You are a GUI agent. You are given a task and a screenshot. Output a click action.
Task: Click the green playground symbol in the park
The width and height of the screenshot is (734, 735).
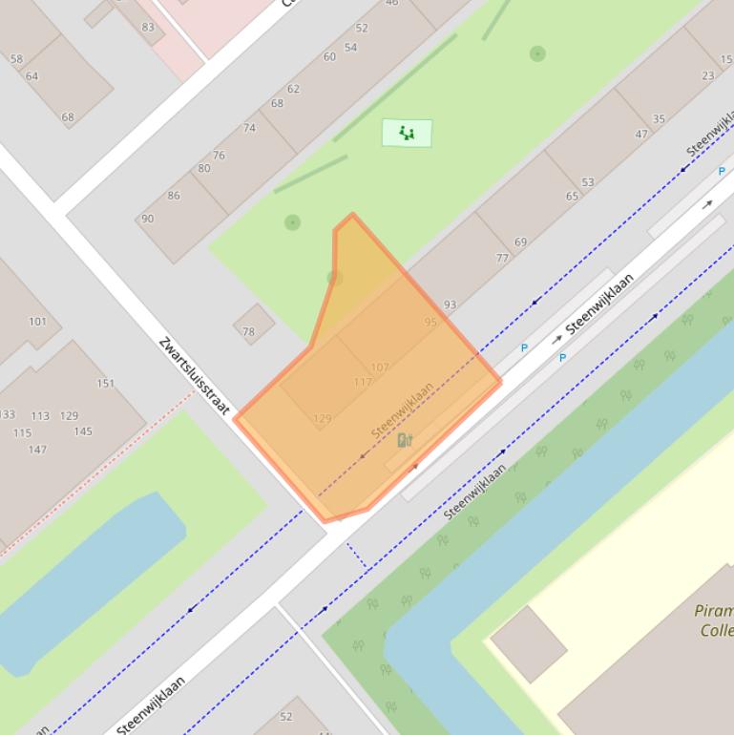(407, 133)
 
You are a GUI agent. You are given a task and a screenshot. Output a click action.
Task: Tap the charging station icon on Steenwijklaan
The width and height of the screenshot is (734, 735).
(405, 440)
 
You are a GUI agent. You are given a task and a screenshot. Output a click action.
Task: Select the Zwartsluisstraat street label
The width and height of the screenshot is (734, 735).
(195, 375)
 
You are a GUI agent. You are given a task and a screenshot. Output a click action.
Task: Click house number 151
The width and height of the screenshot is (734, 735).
(105, 384)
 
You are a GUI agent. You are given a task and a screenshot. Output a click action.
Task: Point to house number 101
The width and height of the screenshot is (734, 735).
(37, 322)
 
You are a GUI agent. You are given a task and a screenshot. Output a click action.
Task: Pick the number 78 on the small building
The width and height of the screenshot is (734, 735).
(248, 332)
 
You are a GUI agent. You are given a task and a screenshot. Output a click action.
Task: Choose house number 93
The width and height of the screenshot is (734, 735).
(450, 304)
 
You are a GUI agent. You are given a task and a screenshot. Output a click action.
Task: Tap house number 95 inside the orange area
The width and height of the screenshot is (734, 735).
(430, 323)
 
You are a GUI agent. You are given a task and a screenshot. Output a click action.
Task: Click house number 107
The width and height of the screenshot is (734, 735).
(380, 367)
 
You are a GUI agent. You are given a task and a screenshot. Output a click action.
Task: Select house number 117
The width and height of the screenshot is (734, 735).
(363, 382)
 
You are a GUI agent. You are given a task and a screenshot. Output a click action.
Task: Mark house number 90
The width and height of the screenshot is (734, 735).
(147, 219)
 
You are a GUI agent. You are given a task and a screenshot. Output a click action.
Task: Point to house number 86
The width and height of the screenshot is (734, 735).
(173, 196)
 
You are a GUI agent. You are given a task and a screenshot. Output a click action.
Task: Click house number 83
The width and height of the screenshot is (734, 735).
(147, 28)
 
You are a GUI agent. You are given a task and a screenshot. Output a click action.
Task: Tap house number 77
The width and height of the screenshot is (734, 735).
(502, 258)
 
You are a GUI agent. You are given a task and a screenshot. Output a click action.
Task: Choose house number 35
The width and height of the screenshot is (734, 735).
(659, 119)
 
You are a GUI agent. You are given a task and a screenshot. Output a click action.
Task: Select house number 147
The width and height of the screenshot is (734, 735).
(37, 450)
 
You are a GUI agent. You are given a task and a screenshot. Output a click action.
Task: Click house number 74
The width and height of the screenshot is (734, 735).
(249, 128)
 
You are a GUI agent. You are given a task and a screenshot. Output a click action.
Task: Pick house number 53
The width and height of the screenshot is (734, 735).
(587, 182)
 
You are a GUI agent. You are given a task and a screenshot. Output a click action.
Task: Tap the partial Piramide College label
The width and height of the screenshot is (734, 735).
(714, 620)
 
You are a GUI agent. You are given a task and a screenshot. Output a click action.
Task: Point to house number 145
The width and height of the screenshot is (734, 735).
(83, 431)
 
